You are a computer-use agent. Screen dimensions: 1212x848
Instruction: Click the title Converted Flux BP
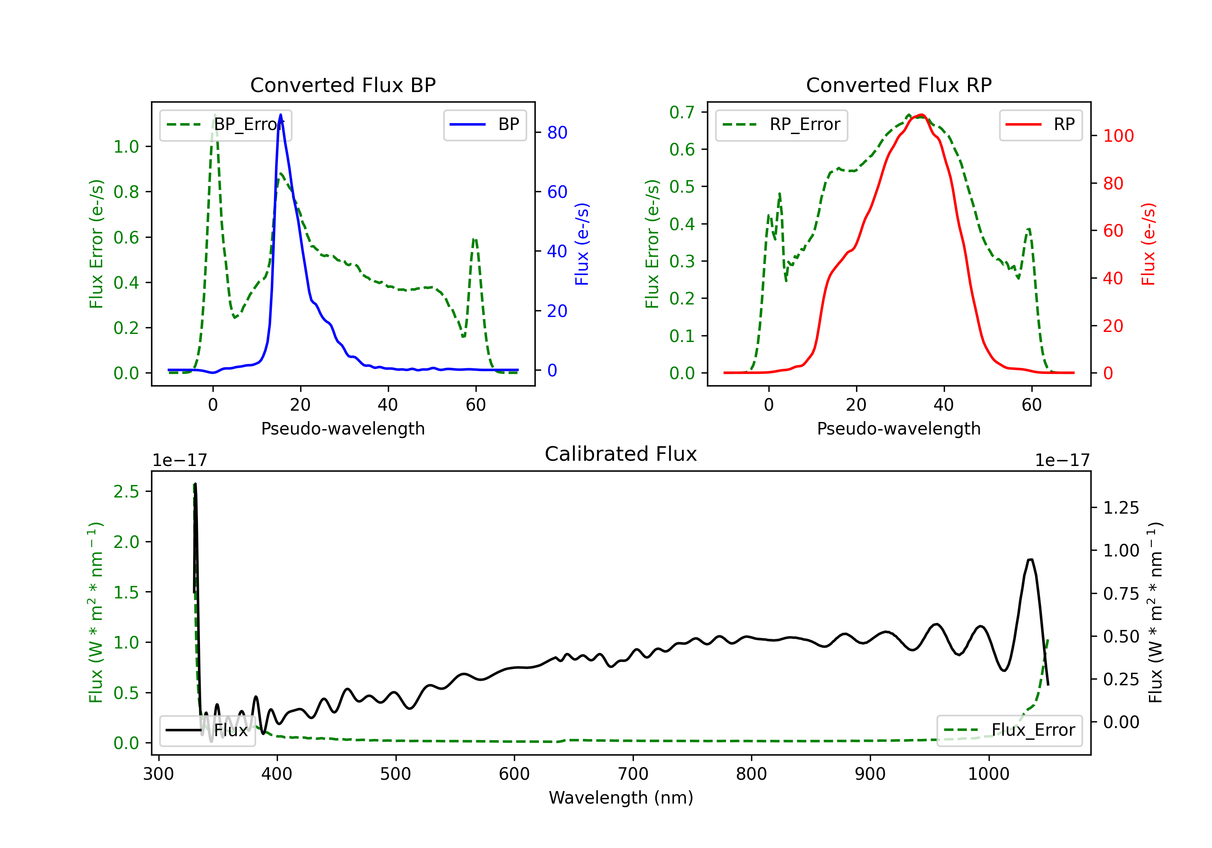tap(343, 85)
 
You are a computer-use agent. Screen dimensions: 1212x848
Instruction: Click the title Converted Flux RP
tap(898, 85)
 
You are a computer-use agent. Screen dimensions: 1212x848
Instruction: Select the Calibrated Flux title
tap(621, 454)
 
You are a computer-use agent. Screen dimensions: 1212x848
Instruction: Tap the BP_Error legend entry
tap(225, 124)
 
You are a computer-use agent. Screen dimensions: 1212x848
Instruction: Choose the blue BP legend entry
tap(484, 124)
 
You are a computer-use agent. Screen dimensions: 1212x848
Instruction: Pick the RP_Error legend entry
tap(781, 124)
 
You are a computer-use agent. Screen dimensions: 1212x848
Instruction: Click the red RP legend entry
tap(1040, 124)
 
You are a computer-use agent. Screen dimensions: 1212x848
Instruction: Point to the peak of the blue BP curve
tap(280, 115)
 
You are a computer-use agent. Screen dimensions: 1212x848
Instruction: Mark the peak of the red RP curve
tap(921, 115)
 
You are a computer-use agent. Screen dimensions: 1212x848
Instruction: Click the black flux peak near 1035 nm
tap(1031, 559)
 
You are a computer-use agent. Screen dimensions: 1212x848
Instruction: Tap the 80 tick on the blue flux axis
tap(557, 132)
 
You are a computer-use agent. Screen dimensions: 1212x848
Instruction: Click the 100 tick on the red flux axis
tap(1118, 136)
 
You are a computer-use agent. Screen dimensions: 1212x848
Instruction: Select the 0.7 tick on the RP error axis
tap(682, 112)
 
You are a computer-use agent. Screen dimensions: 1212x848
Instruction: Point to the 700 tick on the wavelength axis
tap(633, 774)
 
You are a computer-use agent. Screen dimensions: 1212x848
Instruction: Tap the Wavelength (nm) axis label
tap(621, 798)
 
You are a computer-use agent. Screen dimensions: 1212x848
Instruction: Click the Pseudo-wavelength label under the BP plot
tap(343, 428)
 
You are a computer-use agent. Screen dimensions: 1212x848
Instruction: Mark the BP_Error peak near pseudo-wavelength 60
tap(475, 239)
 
